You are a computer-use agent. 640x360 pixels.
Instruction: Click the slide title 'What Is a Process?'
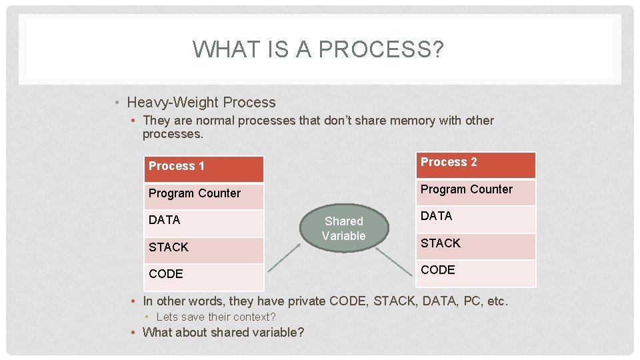coord(317,50)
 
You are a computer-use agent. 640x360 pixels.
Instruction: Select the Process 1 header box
coord(204,169)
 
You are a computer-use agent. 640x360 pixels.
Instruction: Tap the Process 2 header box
coord(476,165)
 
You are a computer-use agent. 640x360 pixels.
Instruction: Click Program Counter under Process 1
coord(204,196)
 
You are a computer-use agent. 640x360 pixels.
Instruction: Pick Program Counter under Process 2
coord(476,192)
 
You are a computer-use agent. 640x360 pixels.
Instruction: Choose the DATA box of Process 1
coord(204,223)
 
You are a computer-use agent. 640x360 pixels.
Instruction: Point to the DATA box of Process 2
coord(476,219)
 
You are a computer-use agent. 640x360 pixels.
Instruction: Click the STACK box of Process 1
coord(204,249)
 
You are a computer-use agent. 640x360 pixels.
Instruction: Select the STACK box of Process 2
coord(476,246)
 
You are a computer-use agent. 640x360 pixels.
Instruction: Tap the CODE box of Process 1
coord(204,276)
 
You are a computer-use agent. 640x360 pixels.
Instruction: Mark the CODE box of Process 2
coord(476,273)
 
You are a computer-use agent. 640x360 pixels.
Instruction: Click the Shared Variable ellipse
coord(343,229)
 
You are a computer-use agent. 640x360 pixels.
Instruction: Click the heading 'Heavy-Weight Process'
coord(201,103)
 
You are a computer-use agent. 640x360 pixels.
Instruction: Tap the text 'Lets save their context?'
coord(215,317)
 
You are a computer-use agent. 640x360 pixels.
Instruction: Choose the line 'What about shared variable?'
coord(223,332)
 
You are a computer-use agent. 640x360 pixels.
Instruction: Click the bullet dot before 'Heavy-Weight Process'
coord(117,103)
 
